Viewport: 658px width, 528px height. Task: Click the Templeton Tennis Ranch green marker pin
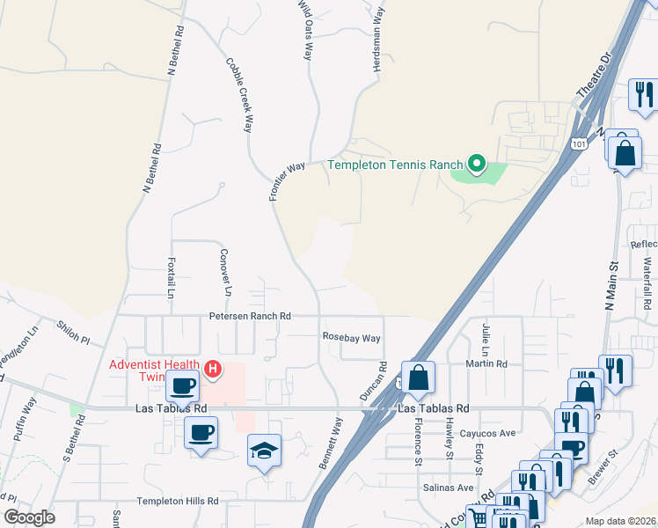coord(477,164)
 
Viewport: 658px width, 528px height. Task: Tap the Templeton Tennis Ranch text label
coord(396,165)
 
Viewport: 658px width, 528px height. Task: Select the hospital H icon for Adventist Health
coord(212,370)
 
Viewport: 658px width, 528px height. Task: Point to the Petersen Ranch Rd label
coord(249,316)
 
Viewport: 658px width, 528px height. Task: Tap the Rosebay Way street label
coord(351,338)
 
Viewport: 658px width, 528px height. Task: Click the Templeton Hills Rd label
coord(177,501)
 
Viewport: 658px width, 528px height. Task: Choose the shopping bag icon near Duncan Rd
coord(419,377)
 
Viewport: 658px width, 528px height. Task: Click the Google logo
coord(29,517)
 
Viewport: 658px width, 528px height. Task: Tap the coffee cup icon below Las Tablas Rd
coord(201,433)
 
